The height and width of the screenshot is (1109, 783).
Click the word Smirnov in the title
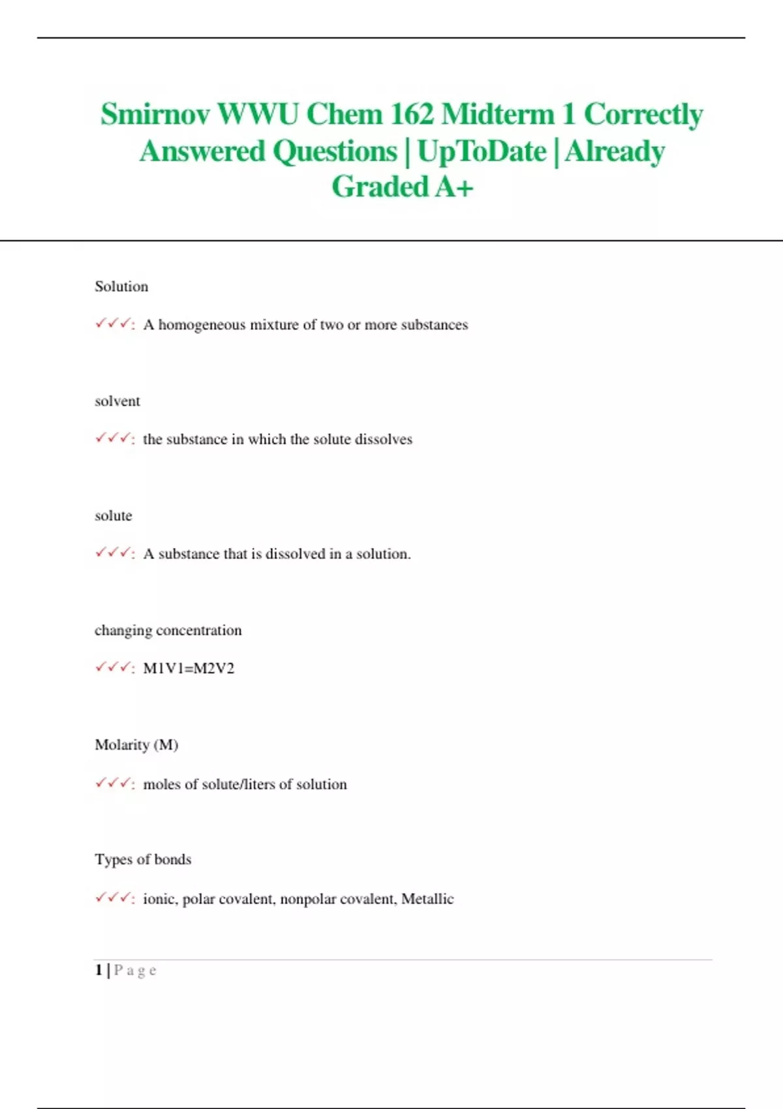point(155,114)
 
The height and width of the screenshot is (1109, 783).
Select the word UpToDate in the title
point(482,151)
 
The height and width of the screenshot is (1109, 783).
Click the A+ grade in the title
point(454,187)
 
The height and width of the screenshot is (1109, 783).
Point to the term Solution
point(121,286)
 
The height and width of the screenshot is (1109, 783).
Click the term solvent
point(117,401)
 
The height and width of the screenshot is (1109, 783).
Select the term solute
point(114,516)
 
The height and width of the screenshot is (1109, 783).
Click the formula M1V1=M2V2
point(189,669)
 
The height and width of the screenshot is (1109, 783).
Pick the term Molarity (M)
point(136,745)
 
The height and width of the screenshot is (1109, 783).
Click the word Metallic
point(427,899)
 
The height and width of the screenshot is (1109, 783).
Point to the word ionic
point(159,899)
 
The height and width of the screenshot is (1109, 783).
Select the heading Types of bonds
point(143,860)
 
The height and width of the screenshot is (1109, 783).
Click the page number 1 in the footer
point(99,970)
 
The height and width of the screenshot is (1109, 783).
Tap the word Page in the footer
point(135,971)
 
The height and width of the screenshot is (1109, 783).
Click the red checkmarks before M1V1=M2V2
point(112,668)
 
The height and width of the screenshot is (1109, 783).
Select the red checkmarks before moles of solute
point(112,783)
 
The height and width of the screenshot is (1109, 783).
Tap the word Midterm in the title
point(498,114)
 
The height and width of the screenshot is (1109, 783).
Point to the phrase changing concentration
point(168,631)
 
